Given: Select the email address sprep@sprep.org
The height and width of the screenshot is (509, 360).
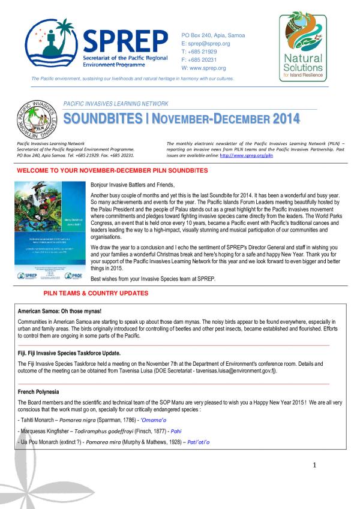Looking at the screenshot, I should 206,44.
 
